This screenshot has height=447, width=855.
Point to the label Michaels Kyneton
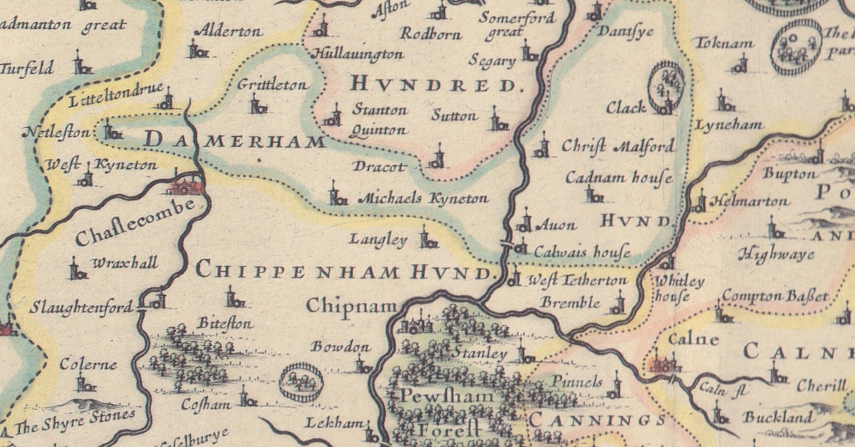point(423,199)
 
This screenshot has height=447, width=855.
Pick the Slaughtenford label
point(82,308)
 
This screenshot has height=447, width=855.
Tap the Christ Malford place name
point(617,147)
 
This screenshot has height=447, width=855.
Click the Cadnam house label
point(618,178)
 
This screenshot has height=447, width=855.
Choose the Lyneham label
point(729,124)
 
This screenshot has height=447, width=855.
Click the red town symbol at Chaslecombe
point(184,186)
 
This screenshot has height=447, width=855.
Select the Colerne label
point(88,365)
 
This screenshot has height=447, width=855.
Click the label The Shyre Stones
point(74,421)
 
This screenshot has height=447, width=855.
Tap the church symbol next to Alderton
point(197,50)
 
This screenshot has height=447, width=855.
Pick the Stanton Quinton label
point(380,120)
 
